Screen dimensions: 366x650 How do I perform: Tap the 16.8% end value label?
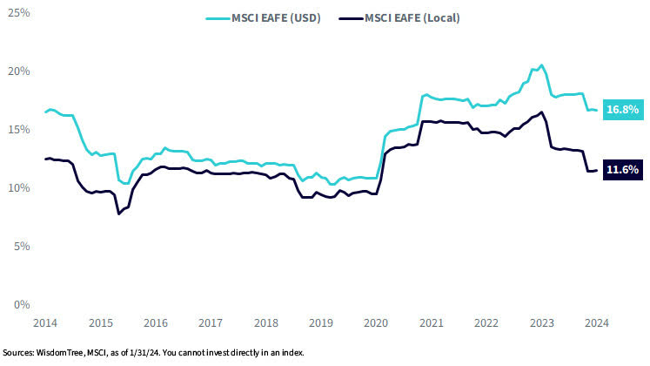coord(623,110)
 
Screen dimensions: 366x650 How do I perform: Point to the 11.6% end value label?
coord(623,171)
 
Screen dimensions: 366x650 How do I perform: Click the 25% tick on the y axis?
coord(19,13)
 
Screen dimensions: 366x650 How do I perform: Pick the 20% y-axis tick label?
coord(19,71)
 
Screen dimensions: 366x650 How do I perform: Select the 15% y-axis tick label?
coord(19,130)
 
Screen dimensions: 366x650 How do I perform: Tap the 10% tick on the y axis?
coord(19,188)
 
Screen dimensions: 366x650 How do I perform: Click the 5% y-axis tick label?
coord(22,247)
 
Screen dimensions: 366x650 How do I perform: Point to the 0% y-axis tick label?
coord(22,305)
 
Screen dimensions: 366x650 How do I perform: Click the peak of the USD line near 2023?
coord(541,64)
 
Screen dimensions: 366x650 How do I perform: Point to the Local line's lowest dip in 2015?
coord(119,213)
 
